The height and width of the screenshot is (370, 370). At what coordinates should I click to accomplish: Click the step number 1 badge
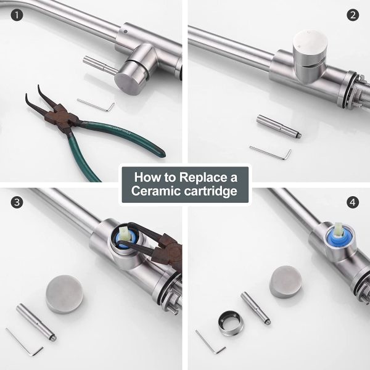(x=17, y=15)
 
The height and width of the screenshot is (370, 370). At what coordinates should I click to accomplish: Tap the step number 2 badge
(x=353, y=15)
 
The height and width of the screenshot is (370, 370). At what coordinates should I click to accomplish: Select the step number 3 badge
(x=17, y=202)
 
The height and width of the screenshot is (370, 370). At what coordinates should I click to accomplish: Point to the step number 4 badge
(x=353, y=202)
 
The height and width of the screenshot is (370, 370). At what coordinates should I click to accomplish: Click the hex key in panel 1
(x=96, y=105)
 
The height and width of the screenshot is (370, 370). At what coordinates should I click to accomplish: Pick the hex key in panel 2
(x=271, y=152)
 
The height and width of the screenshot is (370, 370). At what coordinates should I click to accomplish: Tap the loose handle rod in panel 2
(x=279, y=126)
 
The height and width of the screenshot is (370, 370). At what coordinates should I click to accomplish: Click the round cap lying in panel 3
(x=64, y=294)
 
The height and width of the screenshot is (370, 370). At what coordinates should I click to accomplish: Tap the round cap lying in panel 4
(x=286, y=282)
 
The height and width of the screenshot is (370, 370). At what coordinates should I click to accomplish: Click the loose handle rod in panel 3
(x=36, y=322)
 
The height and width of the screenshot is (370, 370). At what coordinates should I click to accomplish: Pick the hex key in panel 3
(x=23, y=342)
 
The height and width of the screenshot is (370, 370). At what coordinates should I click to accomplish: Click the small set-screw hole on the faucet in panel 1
(x=125, y=31)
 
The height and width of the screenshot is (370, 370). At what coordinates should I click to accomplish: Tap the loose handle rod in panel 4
(x=256, y=308)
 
